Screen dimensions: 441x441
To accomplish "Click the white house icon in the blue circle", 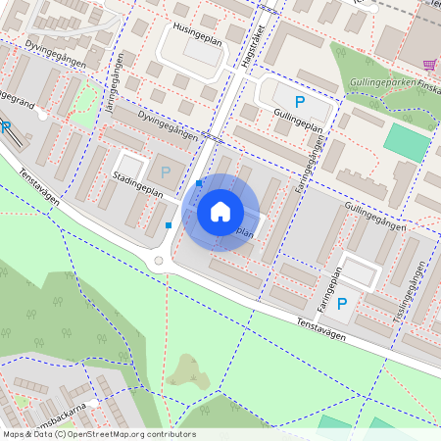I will (x=220, y=212).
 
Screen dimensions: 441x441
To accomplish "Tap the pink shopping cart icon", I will (x=428, y=65).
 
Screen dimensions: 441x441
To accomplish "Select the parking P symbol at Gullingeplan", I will (x=300, y=102).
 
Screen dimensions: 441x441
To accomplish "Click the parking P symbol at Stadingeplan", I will (x=165, y=172).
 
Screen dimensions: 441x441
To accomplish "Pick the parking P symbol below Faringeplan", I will (x=342, y=305).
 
